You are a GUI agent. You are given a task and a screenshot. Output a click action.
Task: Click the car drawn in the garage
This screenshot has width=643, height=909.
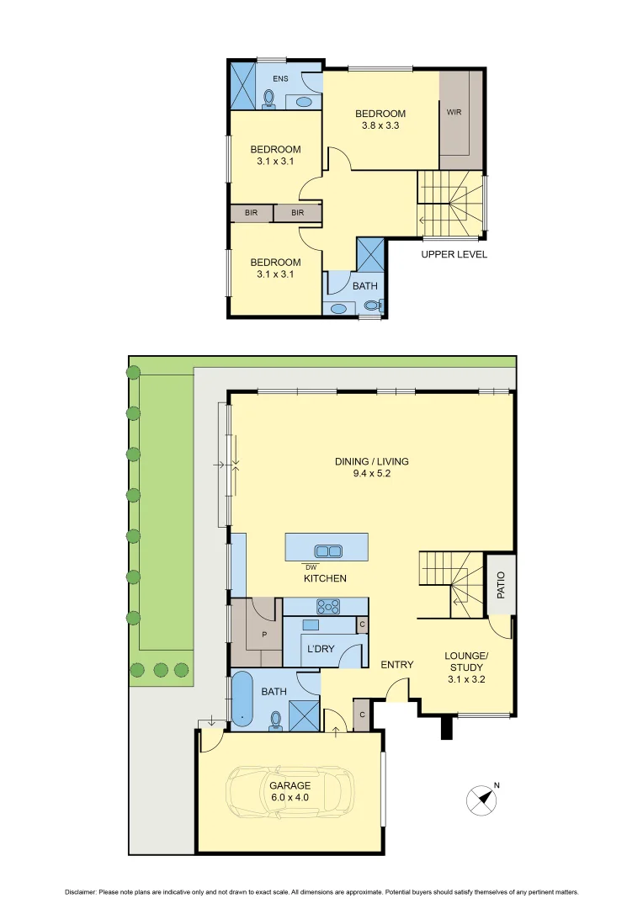pyautogui.click(x=290, y=790)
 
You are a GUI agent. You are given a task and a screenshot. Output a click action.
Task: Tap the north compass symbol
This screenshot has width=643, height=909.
pyautogui.click(x=481, y=799)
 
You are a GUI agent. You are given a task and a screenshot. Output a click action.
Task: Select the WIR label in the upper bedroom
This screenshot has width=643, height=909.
pyautogui.click(x=454, y=112)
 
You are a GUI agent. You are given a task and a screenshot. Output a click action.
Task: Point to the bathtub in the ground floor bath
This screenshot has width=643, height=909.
pyautogui.click(x=242, y=699)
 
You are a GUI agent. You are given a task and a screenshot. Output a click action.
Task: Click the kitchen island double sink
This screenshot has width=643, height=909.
pyautogui.click(x=327, y=551)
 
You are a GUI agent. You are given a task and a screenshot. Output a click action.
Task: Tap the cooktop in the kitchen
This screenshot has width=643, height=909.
pyautogui.click(x=326, y=606)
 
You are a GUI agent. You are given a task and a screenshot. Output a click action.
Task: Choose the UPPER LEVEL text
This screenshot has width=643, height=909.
pyautogui.click(x=454, y=254)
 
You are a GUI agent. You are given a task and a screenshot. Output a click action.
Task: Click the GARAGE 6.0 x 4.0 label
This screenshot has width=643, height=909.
pyautogui.click(x=290, y=792)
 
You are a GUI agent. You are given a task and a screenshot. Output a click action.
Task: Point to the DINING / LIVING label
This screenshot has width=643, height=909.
pyautogui.click(x=371, y=467)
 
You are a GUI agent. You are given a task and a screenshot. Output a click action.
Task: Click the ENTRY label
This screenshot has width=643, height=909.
pyautogui.click(x=396, y=665)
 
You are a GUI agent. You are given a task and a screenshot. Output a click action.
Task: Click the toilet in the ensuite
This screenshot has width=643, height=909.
pyautogui.click(x=269, y=99)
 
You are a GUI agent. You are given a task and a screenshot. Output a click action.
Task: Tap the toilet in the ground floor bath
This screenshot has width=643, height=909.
pyautogui.click(x=275, y=719)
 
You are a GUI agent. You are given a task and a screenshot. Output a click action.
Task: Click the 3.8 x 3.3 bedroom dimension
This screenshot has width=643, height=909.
pyautogui.click(x=380, y=126)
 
